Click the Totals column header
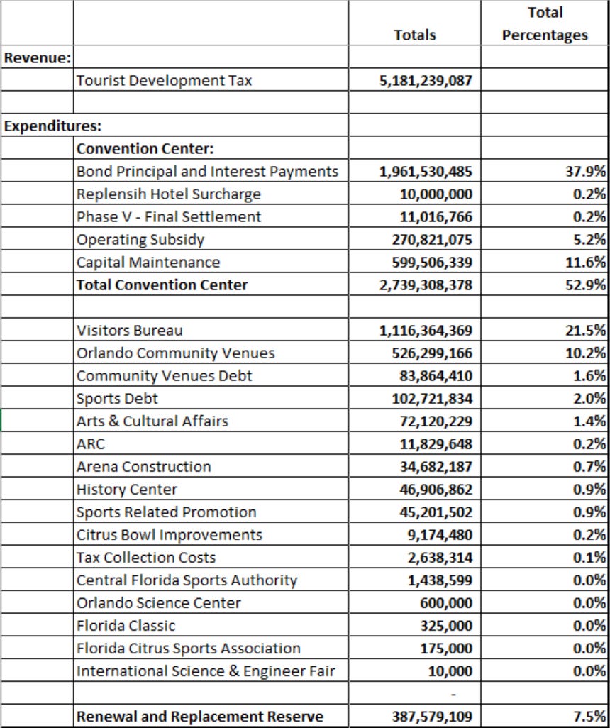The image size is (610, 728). (x=415, y=35)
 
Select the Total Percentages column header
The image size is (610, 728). (x=545, y=24)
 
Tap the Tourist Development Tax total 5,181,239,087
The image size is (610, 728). (x=426, y=81)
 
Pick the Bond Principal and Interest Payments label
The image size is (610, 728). (x=207, y=172)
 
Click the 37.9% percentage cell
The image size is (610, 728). (x=589, y=172)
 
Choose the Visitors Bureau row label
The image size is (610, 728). (x=129, y=331)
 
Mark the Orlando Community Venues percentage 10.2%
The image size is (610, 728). (x=589, y=353)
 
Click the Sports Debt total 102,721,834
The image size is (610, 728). (x=432, y=399)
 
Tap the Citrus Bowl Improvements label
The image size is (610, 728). (x=169, y=535)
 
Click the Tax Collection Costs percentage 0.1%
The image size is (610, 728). (x=592, y=558)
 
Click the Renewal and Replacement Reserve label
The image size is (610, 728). (x=199, y=717)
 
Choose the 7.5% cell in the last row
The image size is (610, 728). (x=592, y=717)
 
